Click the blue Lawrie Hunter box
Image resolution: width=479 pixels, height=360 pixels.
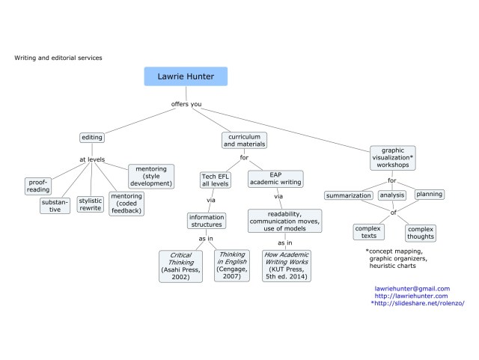[x=185, y=76]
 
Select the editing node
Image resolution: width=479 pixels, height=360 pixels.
[x=92, y=138]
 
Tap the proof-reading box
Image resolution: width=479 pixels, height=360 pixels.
[x=38, y=186]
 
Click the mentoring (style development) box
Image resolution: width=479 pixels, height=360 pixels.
[x=152, y=176]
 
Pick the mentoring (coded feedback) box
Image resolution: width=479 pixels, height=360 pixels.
[x=126, y=203]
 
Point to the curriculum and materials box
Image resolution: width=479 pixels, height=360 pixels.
[x=244, y=140]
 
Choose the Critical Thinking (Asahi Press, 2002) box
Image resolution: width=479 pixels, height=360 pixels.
[x=180, y=266]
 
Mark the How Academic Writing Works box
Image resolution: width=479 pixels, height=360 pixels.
[x=285, y=266]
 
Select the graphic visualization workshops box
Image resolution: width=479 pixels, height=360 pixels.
[x=392, y=159]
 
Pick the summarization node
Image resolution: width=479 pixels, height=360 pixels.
[x=349, y=196]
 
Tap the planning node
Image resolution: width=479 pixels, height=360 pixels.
[x=429, y=195]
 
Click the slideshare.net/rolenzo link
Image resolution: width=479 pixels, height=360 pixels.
[x=419, y=303]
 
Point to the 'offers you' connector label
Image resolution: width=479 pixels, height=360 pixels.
[x=185, y=104]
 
